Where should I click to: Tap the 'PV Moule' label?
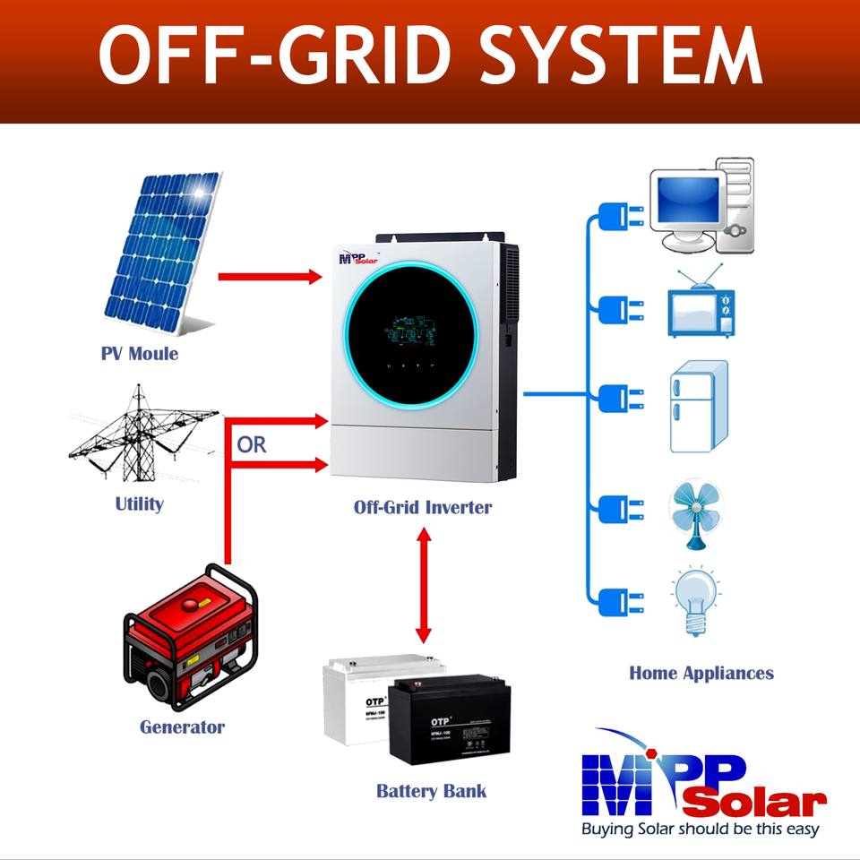[x=139, y=353]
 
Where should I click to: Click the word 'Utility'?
[x=139, y=503]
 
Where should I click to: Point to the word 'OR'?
[x=252, y=444]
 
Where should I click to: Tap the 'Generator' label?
[x=182, y=727]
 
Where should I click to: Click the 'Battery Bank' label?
[x=431, y=791]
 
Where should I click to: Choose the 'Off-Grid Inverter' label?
[x=422, y=507]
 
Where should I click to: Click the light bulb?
[x=694, y=598]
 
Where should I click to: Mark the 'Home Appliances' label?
[x=701, y=673]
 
